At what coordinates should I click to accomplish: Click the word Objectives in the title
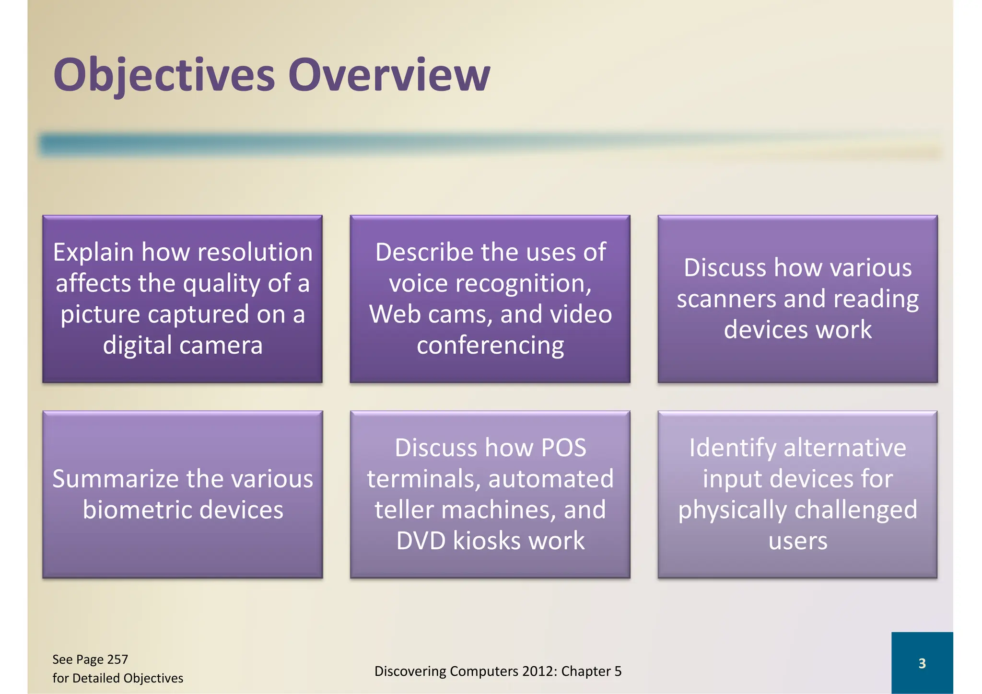click(x=164, y=75)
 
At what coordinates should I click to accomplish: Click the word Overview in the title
click(x=388, y=75)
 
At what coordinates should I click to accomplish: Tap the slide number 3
click(x=922, y=663)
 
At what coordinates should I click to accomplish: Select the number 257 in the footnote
click(x=117, y=659)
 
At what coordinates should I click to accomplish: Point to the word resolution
click(x=255, y=252)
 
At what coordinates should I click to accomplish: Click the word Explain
click(x=93, y=253)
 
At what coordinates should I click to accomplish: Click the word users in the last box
click(x=797, y=541)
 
